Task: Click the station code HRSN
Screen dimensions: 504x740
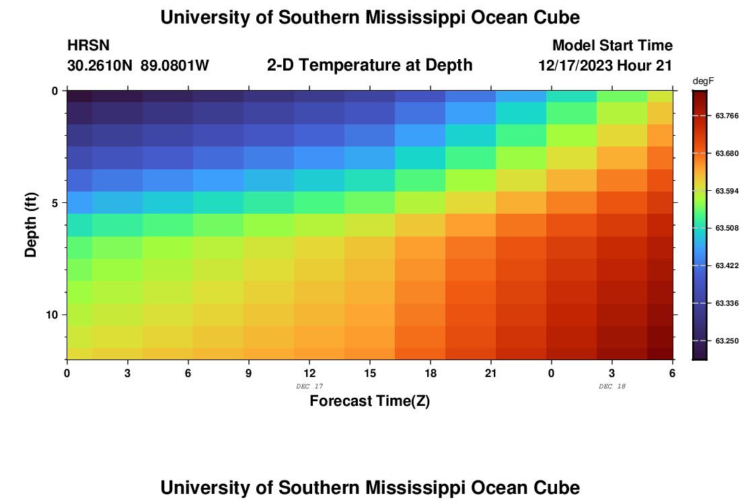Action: pos(88,46)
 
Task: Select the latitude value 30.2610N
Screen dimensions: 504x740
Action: pos(99,66)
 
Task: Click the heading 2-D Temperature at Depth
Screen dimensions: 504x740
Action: pos(369,65)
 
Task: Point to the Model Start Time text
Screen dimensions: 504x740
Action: pos(612,46)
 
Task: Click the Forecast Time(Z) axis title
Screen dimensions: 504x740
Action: pos(369,401)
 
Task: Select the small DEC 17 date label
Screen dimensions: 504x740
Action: pos(309,386)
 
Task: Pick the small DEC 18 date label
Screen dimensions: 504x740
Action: pos(612,386)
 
